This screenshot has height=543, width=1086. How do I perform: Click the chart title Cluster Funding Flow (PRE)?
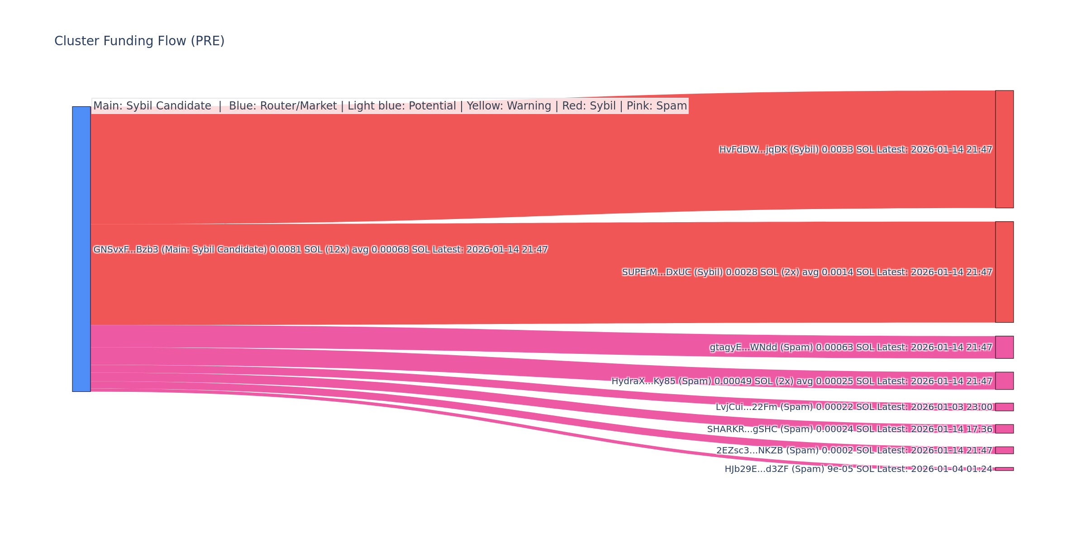(x=139, y=41)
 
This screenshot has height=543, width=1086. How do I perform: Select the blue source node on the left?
(x=81, y=249)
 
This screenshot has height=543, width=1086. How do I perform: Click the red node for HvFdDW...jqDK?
(x=1004, y=149)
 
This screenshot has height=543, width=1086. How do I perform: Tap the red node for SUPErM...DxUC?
(x=1004, y=272)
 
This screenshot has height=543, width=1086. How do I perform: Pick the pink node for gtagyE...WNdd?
(x=1004, y=347)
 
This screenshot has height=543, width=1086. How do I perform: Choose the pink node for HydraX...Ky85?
(x=1004, y=381)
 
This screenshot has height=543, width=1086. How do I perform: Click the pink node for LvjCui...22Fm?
(x=1004, y=407)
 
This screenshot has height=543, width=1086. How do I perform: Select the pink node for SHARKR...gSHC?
(x=1004, y=429)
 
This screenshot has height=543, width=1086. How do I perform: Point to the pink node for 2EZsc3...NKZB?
(x=1004, y=450)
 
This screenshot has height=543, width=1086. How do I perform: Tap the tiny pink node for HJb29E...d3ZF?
(x=1004, y=469)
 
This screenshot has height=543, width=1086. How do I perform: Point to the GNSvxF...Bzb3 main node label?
(x=320, y=250)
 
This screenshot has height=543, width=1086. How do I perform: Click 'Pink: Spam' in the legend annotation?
(x=657, y=106)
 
